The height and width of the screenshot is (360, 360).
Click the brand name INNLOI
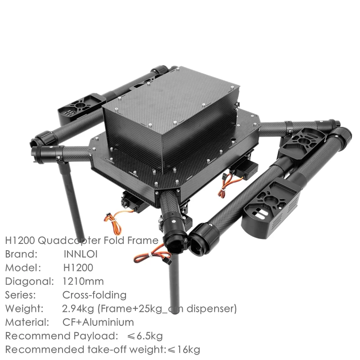tap(81, 254)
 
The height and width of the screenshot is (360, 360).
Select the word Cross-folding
tap(94, 295)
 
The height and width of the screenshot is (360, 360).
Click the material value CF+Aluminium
tap(98, 322)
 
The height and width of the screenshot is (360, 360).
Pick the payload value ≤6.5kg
tap(144, 336)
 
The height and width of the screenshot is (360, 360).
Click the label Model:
tap(23, 268)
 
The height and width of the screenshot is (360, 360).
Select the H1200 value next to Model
tap(78, 268)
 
